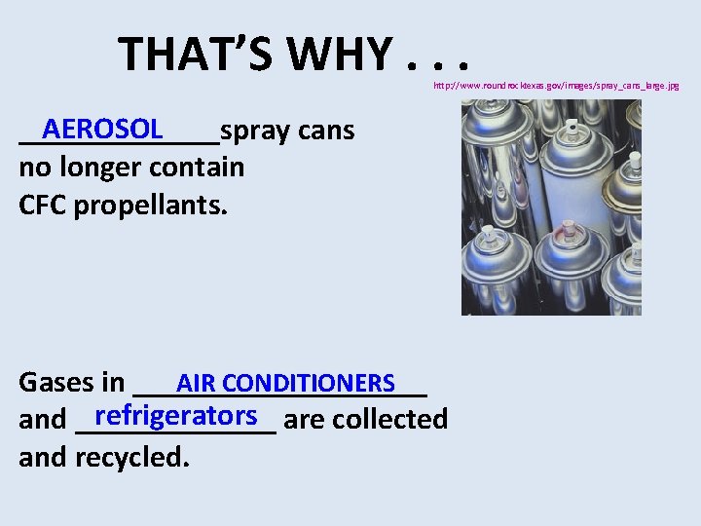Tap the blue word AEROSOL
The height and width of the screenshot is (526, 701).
103,129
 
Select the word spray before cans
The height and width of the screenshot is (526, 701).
255,131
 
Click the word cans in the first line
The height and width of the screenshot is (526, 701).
326,131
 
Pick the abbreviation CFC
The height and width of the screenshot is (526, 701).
43,206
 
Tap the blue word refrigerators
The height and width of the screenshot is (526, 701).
176,415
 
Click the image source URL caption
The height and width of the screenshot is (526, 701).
556,86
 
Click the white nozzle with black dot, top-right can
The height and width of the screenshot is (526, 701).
572,127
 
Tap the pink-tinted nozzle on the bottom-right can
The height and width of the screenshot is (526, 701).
569,226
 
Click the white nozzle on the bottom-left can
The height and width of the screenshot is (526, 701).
488,232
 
